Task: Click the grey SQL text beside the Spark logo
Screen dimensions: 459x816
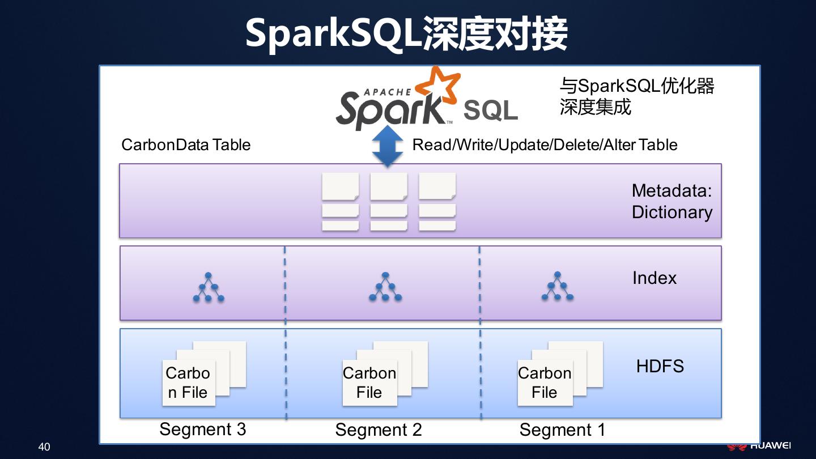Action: point(491,111)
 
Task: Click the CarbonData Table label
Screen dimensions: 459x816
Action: point(186,145)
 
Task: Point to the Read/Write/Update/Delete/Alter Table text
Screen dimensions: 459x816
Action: point(545,145)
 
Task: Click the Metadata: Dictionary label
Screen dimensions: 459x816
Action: point(671,201)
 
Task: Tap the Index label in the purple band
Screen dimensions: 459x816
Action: point(654,278)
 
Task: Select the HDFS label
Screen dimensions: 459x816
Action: point(660,367)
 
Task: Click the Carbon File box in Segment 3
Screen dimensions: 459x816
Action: point(189,382)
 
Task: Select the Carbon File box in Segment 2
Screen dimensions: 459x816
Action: point(369,382)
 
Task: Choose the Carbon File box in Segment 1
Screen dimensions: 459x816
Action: point(545,382)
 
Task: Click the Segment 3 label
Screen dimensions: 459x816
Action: point(203,429)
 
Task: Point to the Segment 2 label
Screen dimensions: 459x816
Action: point(379,430)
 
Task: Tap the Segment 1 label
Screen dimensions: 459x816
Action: point(562,430)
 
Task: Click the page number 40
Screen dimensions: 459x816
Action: point(44,447)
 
